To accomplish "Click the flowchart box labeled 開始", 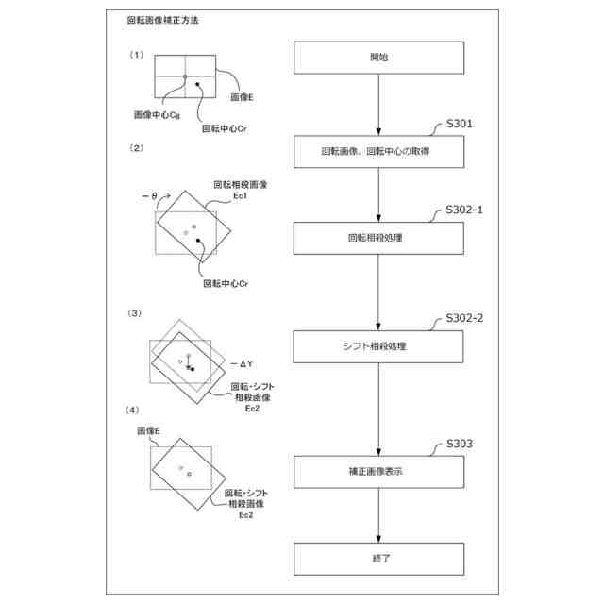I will [x=377, y=58].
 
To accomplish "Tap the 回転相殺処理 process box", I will [x=377, y=237].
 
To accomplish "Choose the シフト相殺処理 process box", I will [x=377, y=345].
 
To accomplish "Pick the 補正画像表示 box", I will [x=377, y=470].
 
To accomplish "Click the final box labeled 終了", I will [x=377, y=559].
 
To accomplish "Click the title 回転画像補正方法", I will [x=162, y=20].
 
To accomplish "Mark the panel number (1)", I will [x=136, y=55].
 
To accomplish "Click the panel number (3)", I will [x=136, y=312].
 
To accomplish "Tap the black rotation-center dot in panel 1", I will [x=198, y=86].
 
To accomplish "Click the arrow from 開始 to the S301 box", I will [x=377, y=104].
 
